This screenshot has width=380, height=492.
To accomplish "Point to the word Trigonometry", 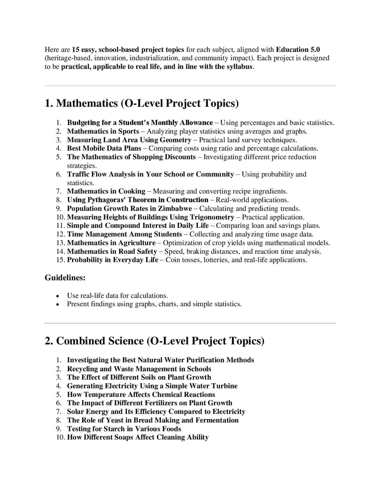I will (x=212, y=217).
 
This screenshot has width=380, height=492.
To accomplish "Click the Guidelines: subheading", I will (x=65, y=278).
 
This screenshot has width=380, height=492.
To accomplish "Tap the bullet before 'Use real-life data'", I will (x=57, y=296).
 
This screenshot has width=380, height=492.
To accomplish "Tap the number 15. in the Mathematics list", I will (x=61, y=260).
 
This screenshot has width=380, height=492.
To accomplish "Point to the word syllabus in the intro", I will (x=239, y=67).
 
